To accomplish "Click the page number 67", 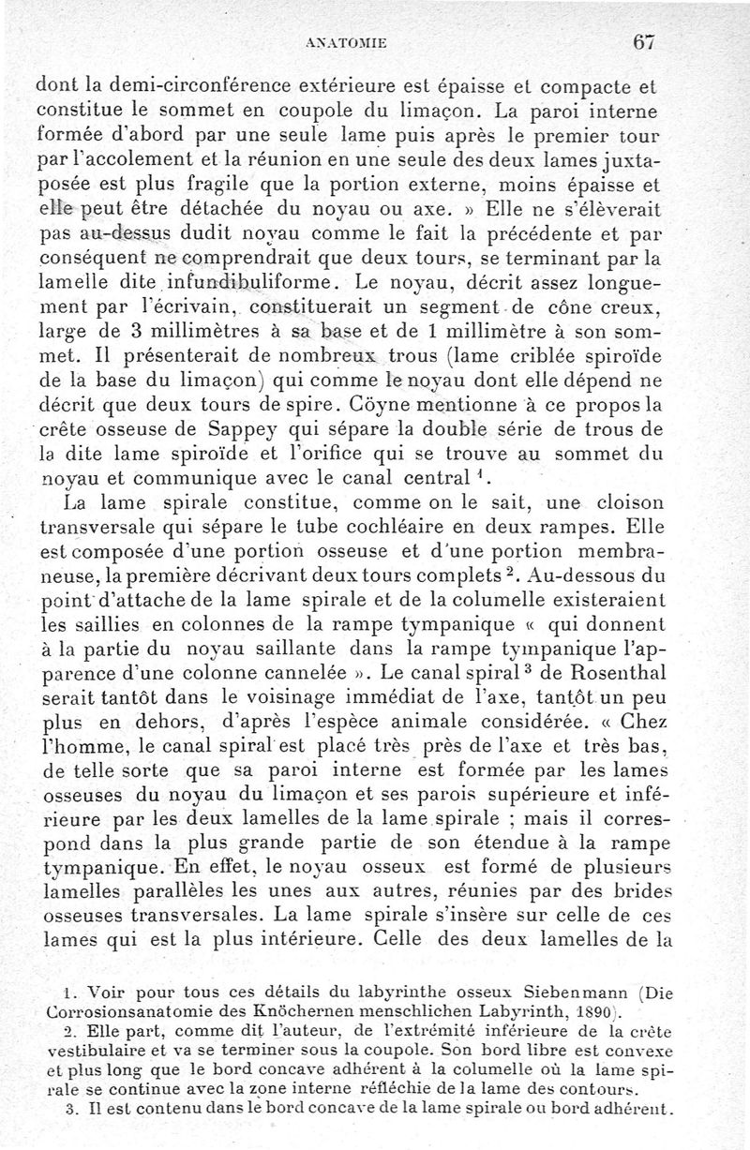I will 642,43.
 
